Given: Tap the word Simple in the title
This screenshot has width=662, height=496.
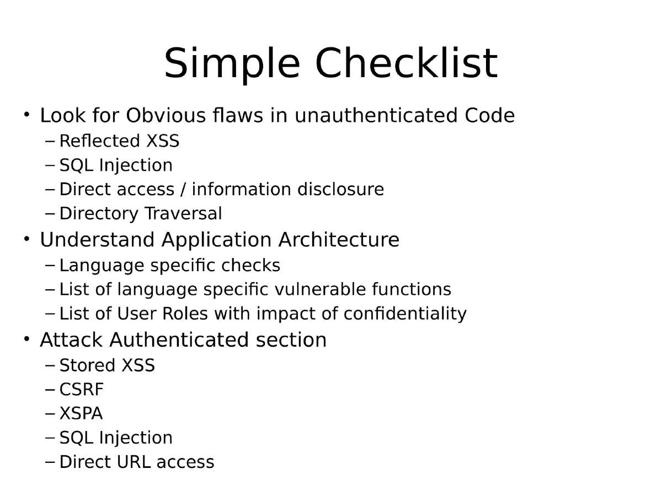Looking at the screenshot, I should [x=232, y=64].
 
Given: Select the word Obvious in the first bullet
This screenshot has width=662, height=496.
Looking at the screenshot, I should [x=165, y=116].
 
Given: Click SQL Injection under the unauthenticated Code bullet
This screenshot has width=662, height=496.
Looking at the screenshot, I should [x=116, y=165].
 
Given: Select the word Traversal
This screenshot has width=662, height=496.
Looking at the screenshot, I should [x=182, y=213].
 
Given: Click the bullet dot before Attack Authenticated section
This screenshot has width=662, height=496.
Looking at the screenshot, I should [x=26, y=339].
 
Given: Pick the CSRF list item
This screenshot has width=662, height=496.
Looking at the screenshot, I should [x=81, y=390].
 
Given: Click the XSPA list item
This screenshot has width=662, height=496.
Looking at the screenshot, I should [x=81, y=413].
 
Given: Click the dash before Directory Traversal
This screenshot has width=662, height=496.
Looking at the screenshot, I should [x=50, y=213].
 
